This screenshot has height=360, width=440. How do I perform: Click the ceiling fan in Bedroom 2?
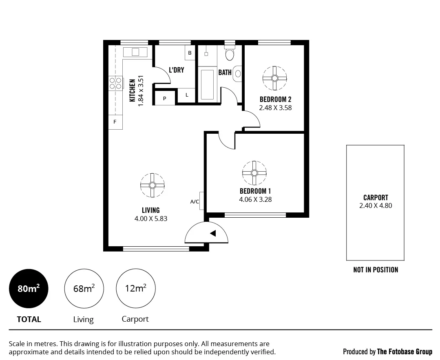coord(275,78)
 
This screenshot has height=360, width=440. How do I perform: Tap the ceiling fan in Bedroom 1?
coord(254,173)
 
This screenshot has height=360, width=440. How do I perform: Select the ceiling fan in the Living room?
coord(153,185)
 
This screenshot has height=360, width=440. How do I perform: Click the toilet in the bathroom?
coord(230,53)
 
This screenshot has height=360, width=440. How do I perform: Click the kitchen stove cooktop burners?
coord(116,83)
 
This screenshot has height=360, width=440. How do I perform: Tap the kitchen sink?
coord(135,52)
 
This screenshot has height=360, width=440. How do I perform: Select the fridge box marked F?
coord(115,122)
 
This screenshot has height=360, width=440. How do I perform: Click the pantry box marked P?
coord(165,98)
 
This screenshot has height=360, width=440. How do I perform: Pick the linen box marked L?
coord(187,95)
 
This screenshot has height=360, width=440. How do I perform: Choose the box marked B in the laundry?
coord(190,53)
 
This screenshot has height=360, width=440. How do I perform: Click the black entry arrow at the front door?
coord(213,233)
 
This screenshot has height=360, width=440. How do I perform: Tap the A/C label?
coord(195,201)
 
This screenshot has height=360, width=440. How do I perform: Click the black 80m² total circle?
coord(29,289)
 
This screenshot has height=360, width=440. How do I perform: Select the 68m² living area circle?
coord(84,289)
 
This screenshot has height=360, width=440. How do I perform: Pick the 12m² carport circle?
coord(135,289)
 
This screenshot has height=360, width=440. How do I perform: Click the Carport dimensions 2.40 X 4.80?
coord(376,205)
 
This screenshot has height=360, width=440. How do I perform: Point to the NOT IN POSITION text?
coord(376,270)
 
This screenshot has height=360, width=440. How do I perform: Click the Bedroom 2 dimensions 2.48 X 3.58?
coord(275,108)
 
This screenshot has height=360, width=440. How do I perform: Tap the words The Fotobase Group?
coord(405,351)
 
